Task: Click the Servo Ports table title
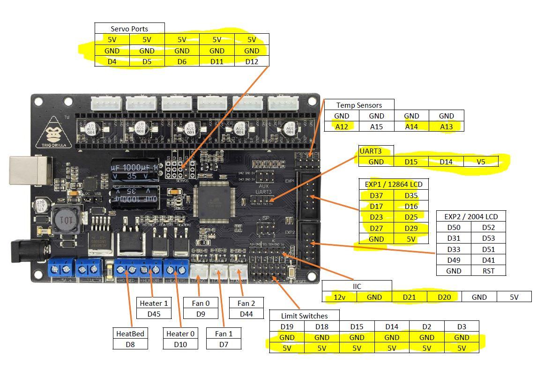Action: (x=129, y=29)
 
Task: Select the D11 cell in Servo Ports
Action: (x=216, y=61)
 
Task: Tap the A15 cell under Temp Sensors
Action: (x=376, y=126)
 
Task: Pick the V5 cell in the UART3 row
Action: (x=481, y=162)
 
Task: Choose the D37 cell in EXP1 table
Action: (x=376, y=195)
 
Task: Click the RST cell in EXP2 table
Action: (x=488, y=271)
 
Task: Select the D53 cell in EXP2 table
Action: (x=488, y=238)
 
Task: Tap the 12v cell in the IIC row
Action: (x=339, y=296)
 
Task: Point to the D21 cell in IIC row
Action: (x=409, y=296)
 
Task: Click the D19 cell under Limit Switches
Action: (x=287, y=326)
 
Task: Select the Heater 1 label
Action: (x=154, y=303)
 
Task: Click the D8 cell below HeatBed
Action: (x=130, y=344)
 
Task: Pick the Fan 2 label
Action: (x=246, y=303)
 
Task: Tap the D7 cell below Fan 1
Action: (x=224, y=344)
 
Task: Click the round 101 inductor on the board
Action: (x=66, y=220)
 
